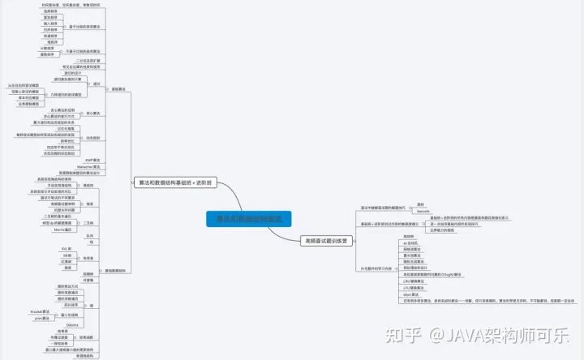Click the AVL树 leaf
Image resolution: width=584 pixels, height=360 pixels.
pyautogui.click(x=69, y=248)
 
